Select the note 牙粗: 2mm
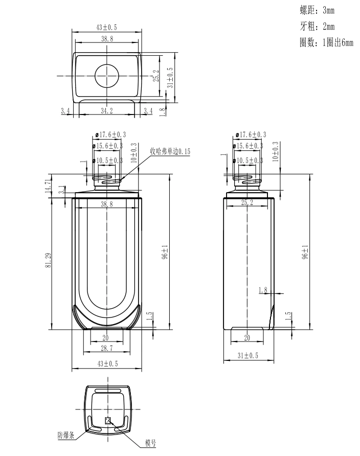click(317, 27)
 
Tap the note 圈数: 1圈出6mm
click(326, 43)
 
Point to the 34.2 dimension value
click(107, 110)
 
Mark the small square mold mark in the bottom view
click(108, 421)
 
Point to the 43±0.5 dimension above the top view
click(107, 27)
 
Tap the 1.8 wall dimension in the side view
click(263, 290)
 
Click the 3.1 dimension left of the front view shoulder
click(61, 190)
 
